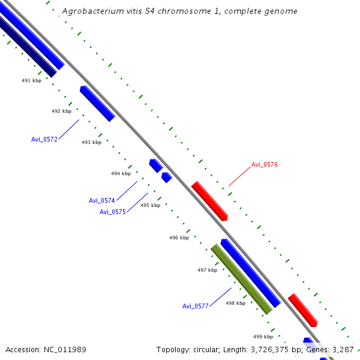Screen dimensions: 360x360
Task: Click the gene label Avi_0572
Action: (x=44, y=139)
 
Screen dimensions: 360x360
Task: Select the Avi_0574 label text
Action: (x=101, y=200)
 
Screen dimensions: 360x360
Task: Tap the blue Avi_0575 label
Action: (x=112, y=212)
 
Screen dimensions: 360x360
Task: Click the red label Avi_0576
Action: (x=264, y=164)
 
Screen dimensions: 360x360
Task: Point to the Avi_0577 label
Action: (x=195, y=306)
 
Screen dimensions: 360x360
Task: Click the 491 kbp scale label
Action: (x=31, y=80)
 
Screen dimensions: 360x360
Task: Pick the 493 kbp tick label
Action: (x=91, y=142)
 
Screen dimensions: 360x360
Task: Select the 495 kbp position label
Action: (x=150, y=205)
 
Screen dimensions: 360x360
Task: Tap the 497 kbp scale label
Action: (x=207, y=270)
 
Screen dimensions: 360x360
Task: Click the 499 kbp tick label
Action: (x=263, y=337)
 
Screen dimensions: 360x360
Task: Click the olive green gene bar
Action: (x=241, y=279)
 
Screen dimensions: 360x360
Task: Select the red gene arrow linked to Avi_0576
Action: (x=209, y=201)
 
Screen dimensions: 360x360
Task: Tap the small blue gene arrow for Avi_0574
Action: (x=156, y=166)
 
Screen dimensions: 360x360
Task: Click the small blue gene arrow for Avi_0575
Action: (x=167, y=177)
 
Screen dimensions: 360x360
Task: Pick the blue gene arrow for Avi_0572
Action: (x=97, y=104)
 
